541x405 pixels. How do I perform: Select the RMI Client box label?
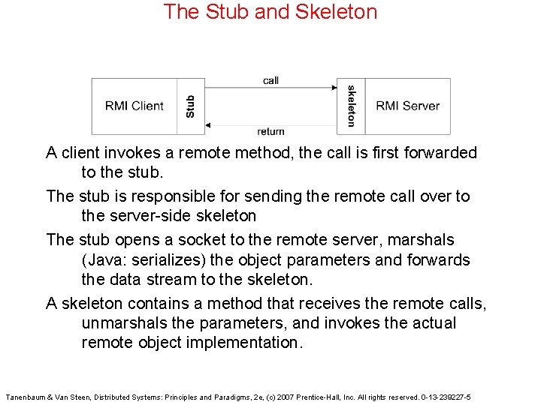point(134,106)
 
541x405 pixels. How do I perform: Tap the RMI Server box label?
point(408,106)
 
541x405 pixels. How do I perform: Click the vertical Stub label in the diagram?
point(190,106)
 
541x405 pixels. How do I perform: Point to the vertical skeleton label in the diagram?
point(351,106)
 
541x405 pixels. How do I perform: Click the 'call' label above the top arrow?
point(270,80)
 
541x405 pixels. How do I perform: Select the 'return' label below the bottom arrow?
point(270,132)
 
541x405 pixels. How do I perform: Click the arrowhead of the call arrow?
point(334,88)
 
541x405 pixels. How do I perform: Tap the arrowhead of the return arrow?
point(207,124)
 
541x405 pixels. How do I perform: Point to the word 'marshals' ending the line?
point(419,240)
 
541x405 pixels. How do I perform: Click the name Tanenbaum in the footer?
point(27,397)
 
